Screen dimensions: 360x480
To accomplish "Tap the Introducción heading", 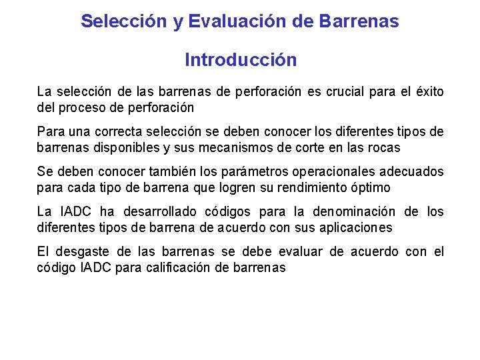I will [x=241, y=60].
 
